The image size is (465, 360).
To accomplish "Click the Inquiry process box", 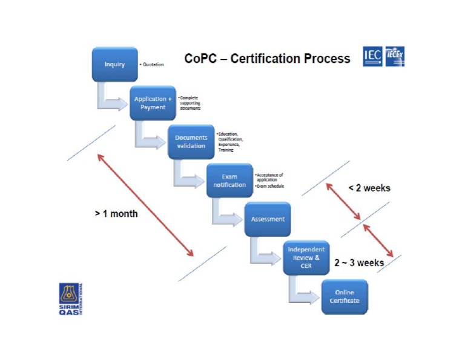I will [114, 64].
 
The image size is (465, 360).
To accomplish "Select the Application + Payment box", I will [153, 102].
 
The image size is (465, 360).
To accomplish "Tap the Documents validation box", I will [191, 142].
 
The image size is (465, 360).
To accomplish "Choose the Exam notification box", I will [229, 180].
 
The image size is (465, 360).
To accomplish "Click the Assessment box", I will [267, 219].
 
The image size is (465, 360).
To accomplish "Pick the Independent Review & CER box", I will [306, 258].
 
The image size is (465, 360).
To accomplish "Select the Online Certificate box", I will [343, 296].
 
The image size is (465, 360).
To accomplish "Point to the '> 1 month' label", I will [116, 214].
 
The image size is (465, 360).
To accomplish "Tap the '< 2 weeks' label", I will [369, 188].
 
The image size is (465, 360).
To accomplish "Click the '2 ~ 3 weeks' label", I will [359, 263].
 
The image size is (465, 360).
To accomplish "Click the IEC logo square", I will [372, 57].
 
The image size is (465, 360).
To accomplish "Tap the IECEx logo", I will [394, 57].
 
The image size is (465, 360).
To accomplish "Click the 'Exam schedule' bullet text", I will [271, 187].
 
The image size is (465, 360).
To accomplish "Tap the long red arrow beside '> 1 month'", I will [145, 205].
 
